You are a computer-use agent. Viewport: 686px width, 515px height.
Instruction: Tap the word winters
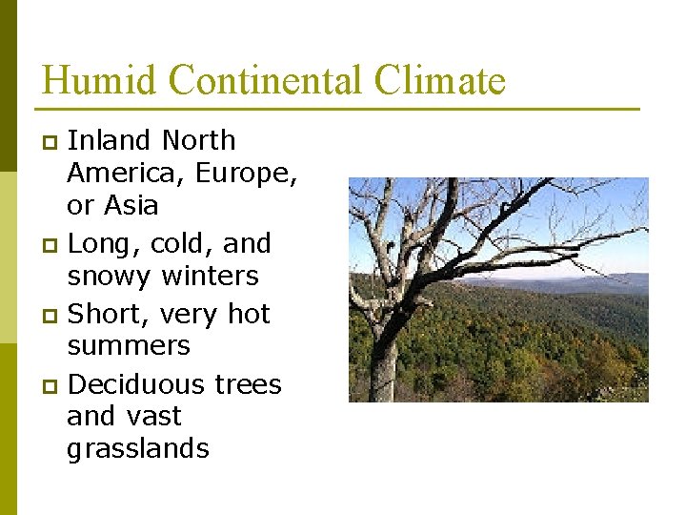pyautogui.click(x=211, y=277)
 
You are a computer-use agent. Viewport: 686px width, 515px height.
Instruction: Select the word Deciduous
pyautogui.click(x=136, y=384)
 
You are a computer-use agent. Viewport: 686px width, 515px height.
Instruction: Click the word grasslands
pyautogui.click(x=137, y=449)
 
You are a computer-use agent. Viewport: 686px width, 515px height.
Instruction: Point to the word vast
pyautogui.click(x=153, y=417)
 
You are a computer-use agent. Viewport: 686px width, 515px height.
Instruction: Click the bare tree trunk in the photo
pyautogui.click(x=384, y=362)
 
